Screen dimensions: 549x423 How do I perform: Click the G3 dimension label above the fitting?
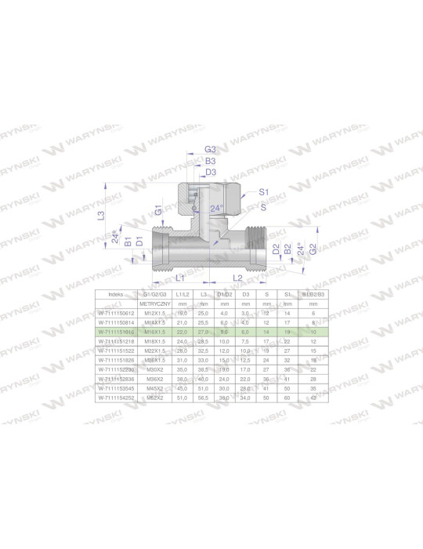click(x=209, y=149)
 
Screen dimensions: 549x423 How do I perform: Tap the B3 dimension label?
click(x=210, y=160)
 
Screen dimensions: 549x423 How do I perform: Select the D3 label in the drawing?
click(x=210, y=171)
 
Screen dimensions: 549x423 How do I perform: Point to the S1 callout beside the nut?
click(x=264, y=192)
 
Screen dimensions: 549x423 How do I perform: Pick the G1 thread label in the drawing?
click(x=158, y=210)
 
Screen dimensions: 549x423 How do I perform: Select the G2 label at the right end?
click(x=313, y=249)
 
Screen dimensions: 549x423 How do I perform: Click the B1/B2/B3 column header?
click(x=313, y=294)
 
